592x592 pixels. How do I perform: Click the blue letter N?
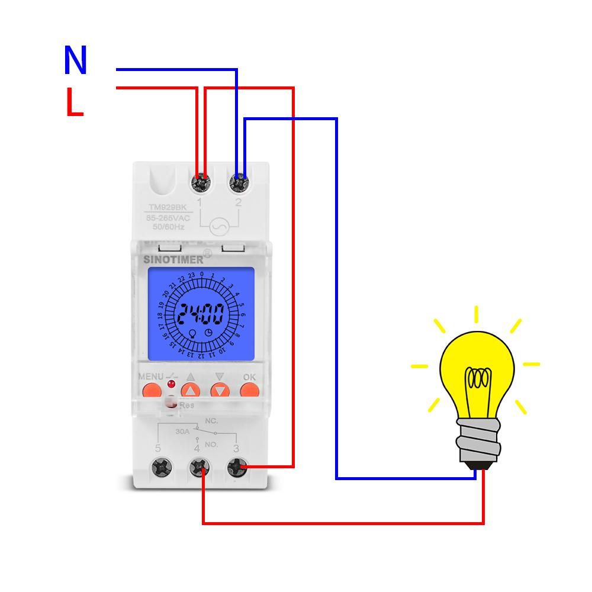(x=75, y=60)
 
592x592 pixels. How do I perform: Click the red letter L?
(x=74, y=103)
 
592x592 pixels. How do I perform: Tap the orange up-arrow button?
(x=191, y=391)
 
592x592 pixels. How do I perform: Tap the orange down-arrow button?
(x=220, y=391)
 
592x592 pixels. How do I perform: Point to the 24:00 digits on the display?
(x=201, y=314)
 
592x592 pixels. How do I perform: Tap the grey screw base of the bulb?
(x=477, y=441)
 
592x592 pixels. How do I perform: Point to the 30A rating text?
(x=182, y=432)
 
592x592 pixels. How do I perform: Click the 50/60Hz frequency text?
(x=167, y=227)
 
